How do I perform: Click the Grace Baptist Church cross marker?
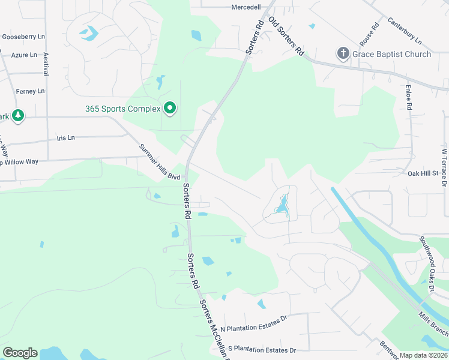pos(343,54)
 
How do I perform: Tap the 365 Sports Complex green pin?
pos(170,109)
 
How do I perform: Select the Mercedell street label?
pos(246,7)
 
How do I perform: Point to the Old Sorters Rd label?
pos(287,37)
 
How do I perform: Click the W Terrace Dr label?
pos(444,165)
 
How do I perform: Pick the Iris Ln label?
pos(65,137)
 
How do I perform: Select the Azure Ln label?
pos(24,55)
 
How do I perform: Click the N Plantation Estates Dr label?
pos(255,329)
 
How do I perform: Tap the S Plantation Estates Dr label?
pos(258,350)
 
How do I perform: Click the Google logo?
pos(20,352)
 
